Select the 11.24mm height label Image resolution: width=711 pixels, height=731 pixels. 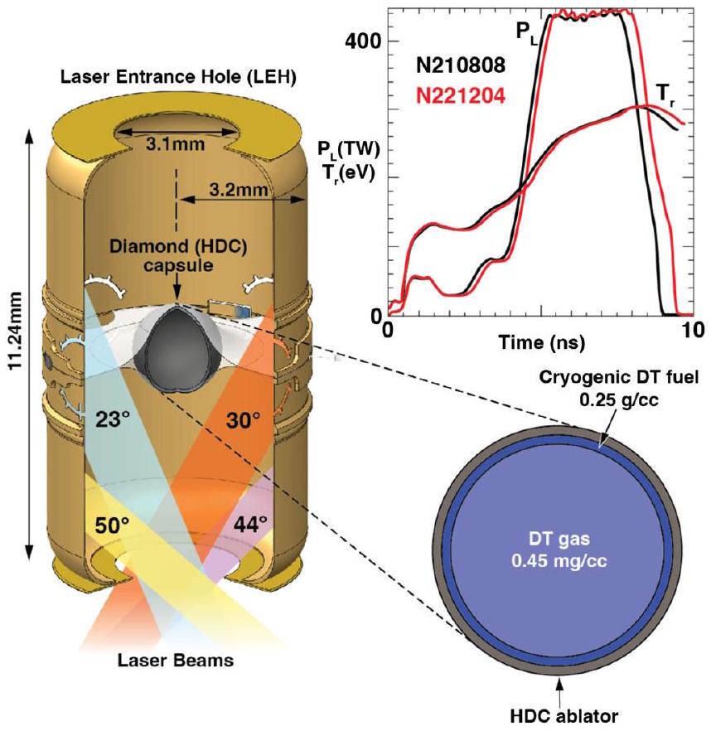point(16,341)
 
